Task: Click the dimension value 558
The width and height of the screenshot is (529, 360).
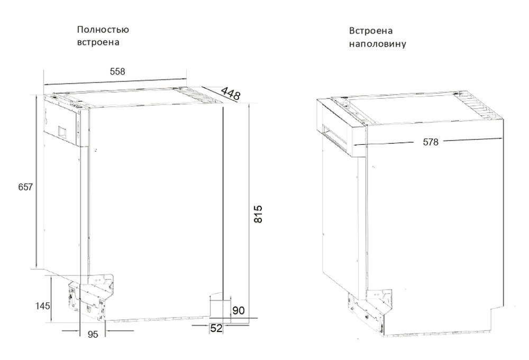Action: (x=117, y=71)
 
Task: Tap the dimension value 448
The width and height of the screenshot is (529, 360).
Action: (x=231, y=94)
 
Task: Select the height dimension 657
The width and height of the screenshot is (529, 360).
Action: (x=25, y=187)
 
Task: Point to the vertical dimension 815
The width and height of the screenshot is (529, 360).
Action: (x=258, y=214)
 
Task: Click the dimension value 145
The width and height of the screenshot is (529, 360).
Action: (x=42, y=306)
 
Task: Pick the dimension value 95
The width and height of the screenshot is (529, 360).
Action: (x=93, y=334)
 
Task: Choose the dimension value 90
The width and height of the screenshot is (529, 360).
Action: (x=239, y=310)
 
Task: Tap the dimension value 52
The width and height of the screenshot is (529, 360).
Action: (x=216, y=328)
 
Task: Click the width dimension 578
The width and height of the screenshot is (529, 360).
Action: (x=431, y=142)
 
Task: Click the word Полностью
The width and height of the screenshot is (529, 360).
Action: (x=103, y=30)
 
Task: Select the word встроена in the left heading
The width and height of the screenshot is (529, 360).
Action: (x=98, y=42)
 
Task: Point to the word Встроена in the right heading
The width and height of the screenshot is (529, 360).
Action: (x=371, y=31)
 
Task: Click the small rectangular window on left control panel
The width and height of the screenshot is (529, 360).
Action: (x=63, y=132)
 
